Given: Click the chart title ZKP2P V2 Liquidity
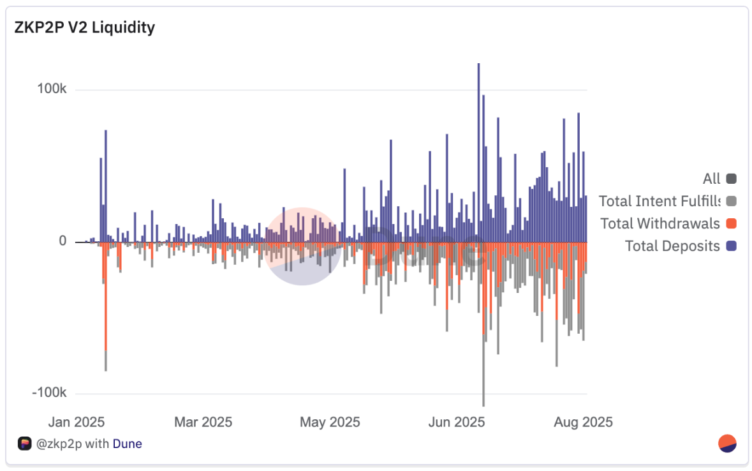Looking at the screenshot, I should click(x=84, y=28).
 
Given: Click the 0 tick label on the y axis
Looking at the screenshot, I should click(x=62, y=241).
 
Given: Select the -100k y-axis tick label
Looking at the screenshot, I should click(x=50, y=392).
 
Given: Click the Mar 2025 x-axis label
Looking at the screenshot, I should click(x=203, y=422).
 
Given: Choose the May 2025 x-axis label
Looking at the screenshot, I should click(x=330, y=422).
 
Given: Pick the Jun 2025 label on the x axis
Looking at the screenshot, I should click(x=457, y=422).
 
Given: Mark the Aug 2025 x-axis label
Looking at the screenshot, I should click(x=583, y=422).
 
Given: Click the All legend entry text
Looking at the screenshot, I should click(x=711, y=179).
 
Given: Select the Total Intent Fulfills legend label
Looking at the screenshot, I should click(x=659, y=202).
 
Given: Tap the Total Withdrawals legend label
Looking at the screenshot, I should click(x=660, y=224).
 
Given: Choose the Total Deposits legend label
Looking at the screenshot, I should click(x=672, y=246).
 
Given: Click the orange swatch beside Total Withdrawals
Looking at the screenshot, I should click(x=731, y=224).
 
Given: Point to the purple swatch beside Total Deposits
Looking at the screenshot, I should click(x=731, y=246).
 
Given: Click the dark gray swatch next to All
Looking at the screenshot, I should click(x=731, y=179).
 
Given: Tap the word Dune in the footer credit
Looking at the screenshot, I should click(x=127, y=444).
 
